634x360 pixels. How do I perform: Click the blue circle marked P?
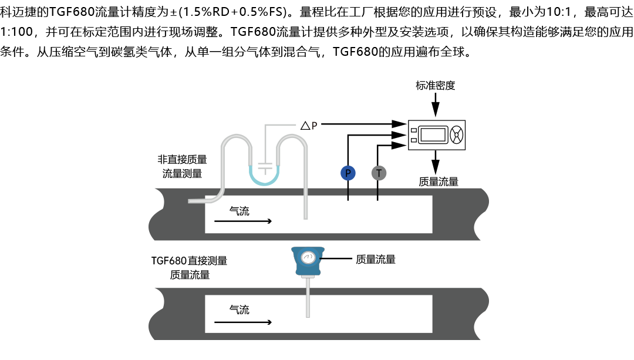coord(348,173)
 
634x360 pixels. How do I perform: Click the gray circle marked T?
coord(379,173)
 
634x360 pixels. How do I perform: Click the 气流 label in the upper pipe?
coord(239,211)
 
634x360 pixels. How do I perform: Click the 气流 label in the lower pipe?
coord(239,309)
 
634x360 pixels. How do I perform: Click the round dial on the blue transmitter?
coord(308,258)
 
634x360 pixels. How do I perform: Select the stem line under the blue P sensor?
coord(348,193)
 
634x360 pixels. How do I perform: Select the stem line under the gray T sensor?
coord(377,193)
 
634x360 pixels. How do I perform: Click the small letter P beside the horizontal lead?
coord(315,126)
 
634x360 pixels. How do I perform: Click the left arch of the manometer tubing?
coord(235,138)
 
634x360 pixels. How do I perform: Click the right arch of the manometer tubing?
coord(292,138)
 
